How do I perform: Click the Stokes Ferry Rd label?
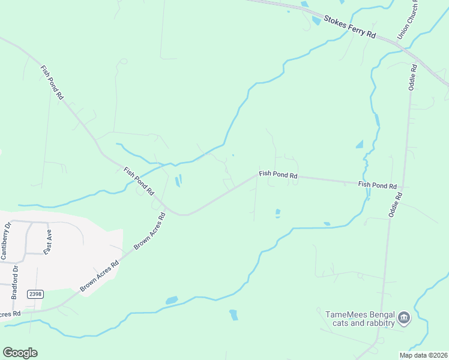click(x=349, y=27)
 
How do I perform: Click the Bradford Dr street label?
click(x=16, y=281)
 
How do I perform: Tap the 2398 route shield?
click(x=35, y=294)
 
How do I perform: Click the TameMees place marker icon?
click(x=403, y=317)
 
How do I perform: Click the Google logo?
click(x=20, y=352)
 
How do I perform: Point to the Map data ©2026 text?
click(x=423, y=355)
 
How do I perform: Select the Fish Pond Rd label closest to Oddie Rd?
click(x=378, y=185)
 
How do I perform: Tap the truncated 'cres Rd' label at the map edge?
click(x=10, y=313)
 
